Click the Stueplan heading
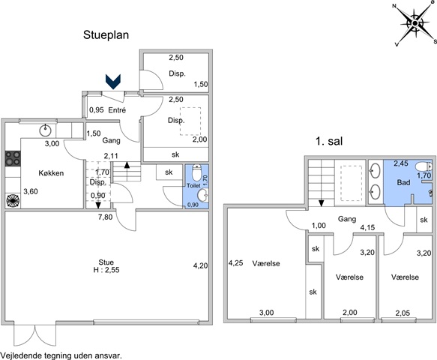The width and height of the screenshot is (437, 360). point(106,35)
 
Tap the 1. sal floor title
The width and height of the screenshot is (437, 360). point(329,141)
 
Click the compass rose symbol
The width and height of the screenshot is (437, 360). point(415,23)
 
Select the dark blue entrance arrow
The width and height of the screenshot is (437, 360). point(113,82)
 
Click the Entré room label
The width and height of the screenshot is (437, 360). point(117,110)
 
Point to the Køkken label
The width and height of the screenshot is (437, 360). point(51,173)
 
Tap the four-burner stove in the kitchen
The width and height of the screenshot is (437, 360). point(13,158)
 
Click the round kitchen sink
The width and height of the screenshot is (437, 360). point(45,130)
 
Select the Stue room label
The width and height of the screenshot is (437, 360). point(106,262)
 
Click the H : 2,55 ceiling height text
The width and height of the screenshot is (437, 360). point(106,270)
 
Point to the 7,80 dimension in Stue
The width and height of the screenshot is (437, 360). point(106,217)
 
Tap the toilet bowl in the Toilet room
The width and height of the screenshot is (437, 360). point(196,172)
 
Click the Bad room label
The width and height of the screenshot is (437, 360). point(403,183)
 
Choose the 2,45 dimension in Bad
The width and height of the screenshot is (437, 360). point(401,163)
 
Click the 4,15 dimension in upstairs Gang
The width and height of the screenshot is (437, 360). point(367,227)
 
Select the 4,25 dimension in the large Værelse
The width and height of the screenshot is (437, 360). point(236,263)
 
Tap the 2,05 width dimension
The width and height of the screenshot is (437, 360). point(403,313)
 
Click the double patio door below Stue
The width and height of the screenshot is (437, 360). point(34,334)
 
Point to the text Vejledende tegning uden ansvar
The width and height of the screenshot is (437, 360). point(61,355)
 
